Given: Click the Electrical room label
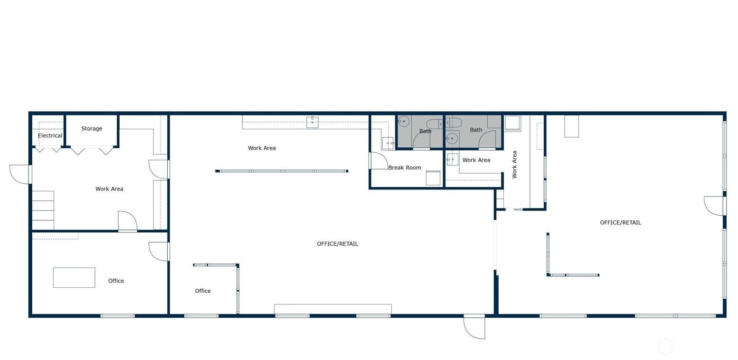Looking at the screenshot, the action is point(50,135).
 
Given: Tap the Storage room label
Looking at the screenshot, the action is point(92,128).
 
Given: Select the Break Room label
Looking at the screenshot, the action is point(405,167).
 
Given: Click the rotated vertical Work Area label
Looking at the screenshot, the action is point(514,165).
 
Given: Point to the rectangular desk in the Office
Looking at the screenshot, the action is point(74,277).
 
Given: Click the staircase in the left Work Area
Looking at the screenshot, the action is point(43,210).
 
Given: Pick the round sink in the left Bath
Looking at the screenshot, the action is point(404,121).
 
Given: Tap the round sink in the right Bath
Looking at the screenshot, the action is point(452,138).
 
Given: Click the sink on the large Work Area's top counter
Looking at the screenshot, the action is point(312,122).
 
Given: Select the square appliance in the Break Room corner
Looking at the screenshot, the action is point(433,178).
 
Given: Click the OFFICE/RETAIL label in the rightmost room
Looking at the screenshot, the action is point(620,223).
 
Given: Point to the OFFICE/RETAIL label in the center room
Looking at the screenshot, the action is point(337,244).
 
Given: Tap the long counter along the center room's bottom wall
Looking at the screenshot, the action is point(333,309).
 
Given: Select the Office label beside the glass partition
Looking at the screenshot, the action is point(203,291).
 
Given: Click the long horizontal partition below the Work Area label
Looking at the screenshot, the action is point(282,171).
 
